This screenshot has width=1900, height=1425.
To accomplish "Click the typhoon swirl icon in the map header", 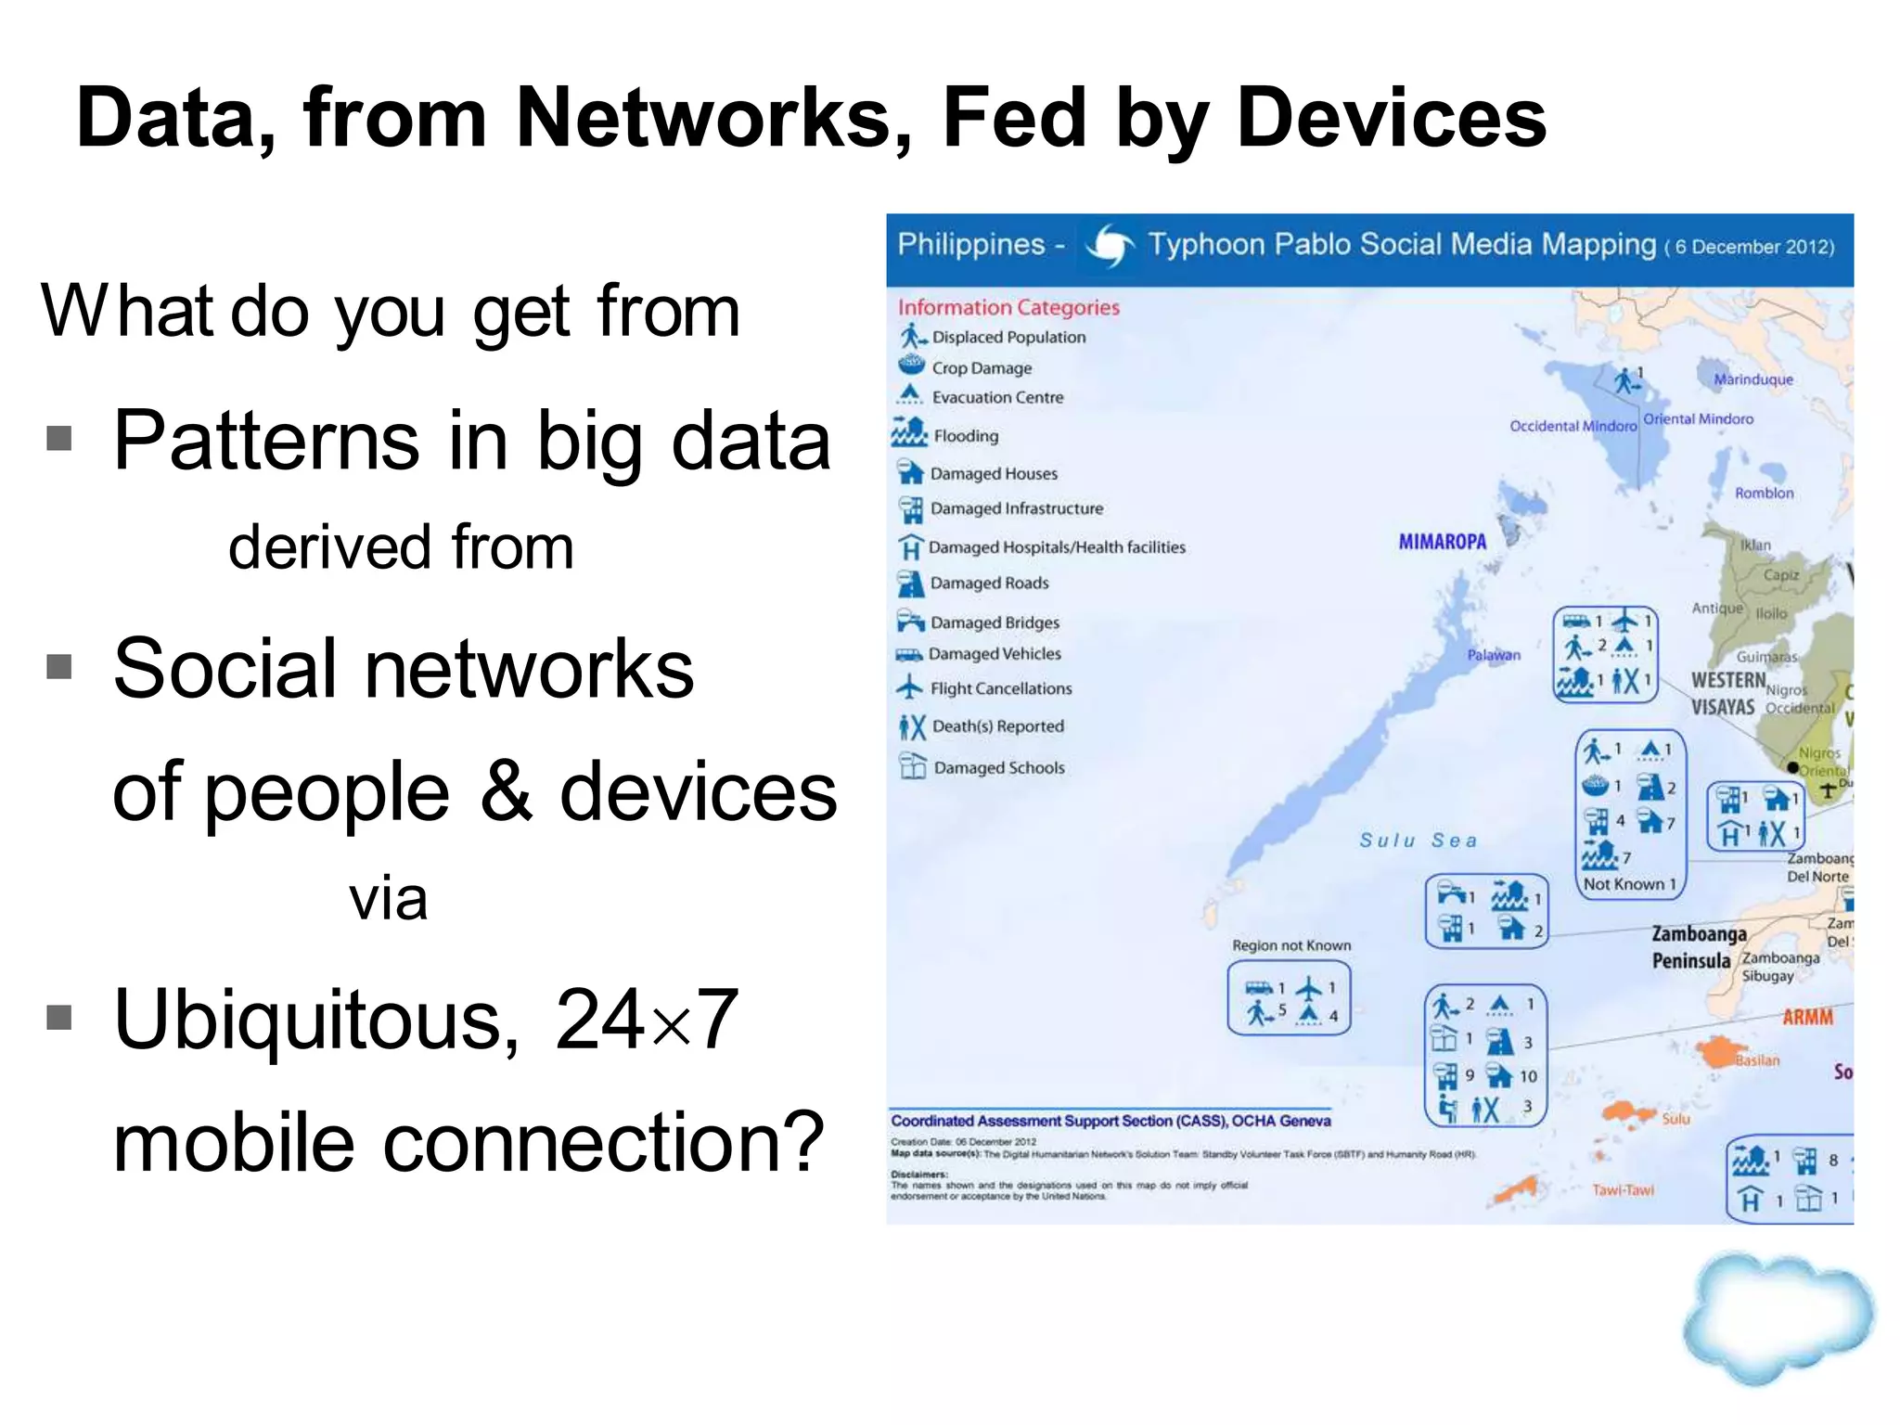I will [1110, 246].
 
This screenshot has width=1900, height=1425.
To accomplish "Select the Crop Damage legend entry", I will [981, 368].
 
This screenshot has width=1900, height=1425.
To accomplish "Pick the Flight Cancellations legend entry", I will [1000, 688].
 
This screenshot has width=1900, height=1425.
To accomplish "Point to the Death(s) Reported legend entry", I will [996, 726].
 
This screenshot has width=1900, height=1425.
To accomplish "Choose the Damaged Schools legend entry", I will [998, 768].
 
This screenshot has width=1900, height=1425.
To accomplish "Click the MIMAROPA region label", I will [1442, 542].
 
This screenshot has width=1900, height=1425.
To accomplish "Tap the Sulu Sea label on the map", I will [1418, 841].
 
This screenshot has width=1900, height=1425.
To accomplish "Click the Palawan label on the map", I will [1494, 655].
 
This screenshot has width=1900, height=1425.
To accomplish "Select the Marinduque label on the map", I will [1752, 379].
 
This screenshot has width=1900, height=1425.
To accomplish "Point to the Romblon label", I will [1764, 494].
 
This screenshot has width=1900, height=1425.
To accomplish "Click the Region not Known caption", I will [1290, 945].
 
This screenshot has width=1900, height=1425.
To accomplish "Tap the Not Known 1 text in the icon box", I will [1629, 884].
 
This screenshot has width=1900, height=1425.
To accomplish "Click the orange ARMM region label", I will [1807, 1018].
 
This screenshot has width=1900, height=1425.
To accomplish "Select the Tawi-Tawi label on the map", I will [1623, 1190].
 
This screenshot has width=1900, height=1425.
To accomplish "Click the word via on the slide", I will [388, 899].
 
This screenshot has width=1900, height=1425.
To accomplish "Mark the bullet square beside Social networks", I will [59, 666].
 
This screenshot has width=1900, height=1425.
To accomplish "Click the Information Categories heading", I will [1008, 307].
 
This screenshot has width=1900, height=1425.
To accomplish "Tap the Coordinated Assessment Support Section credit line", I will [1110, 1121].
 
